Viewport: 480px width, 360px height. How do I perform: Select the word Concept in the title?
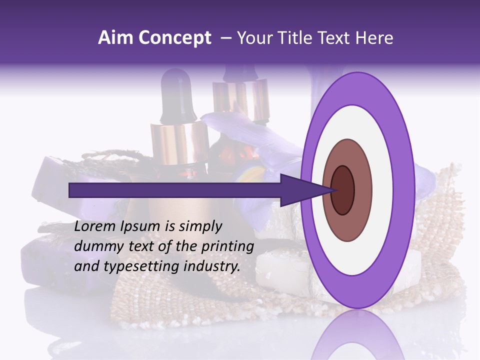[174, 38]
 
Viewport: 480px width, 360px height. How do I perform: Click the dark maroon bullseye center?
[343, 189]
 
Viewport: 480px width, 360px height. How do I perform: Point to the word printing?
[229, 246]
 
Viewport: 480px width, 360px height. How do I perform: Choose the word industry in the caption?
[212, 266]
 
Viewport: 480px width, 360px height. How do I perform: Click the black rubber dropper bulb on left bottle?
[177, 95]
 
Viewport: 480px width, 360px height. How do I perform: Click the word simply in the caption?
[199, 226]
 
